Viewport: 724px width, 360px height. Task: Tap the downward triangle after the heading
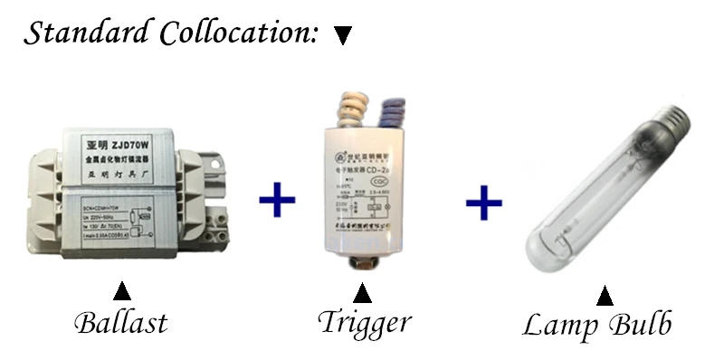(342, 36)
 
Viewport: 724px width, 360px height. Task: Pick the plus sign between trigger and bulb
(484, 202)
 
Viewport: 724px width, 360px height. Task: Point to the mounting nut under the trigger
(363, 265)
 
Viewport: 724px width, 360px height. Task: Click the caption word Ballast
(120, 321)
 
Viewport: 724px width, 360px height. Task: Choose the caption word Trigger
(364, 323)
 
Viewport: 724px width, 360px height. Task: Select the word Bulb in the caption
(638, 326)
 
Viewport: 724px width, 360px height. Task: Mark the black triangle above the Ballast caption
(121, 292)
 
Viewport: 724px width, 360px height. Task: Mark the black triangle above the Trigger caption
(363, 294)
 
